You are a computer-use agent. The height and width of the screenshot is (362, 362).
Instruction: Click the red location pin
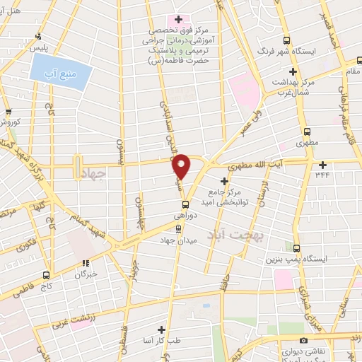(182, 167)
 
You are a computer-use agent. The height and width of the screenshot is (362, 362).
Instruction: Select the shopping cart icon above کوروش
(8, 111)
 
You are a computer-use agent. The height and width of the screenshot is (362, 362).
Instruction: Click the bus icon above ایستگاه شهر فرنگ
(286, 40)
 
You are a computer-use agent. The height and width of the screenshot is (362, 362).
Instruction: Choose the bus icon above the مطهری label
(307, 132)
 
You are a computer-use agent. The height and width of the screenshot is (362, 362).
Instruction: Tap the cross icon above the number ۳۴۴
(322, 164)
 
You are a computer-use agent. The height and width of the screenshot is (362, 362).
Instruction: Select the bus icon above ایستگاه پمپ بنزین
(297, 248)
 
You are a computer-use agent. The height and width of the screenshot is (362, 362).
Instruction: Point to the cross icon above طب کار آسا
(162, 329)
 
